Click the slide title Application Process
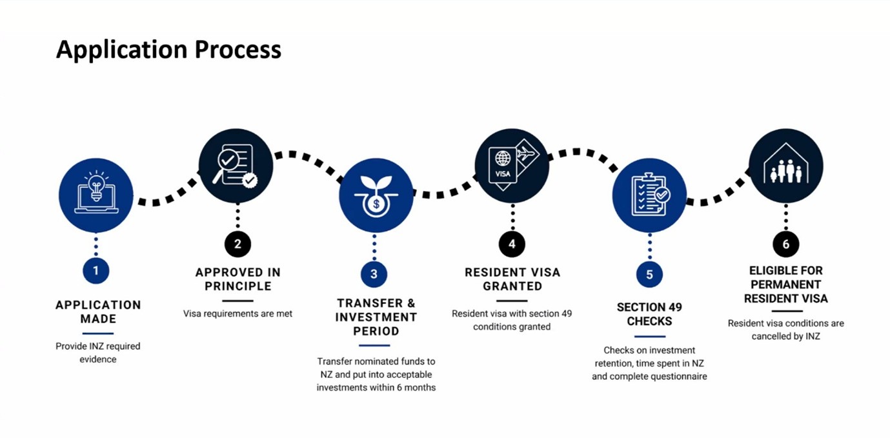click(168, 50)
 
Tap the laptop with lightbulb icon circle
click(96, 195)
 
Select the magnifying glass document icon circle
click(236, 166)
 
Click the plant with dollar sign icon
click(376, 195)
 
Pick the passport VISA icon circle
click(512, 166)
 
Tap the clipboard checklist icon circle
click(649, 195)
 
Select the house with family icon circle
click(785, 166)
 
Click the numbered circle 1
click(96, 270)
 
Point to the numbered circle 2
click(238, 244)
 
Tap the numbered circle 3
click(374, 274)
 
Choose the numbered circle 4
click(512, 244)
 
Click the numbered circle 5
click(649, 274)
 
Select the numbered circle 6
click(785, 244)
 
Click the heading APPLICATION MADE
click(98, 312)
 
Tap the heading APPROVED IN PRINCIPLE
click(238, 279)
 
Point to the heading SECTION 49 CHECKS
click(649, 314)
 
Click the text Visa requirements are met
click(238, 314)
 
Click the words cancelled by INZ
click(785, 336)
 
